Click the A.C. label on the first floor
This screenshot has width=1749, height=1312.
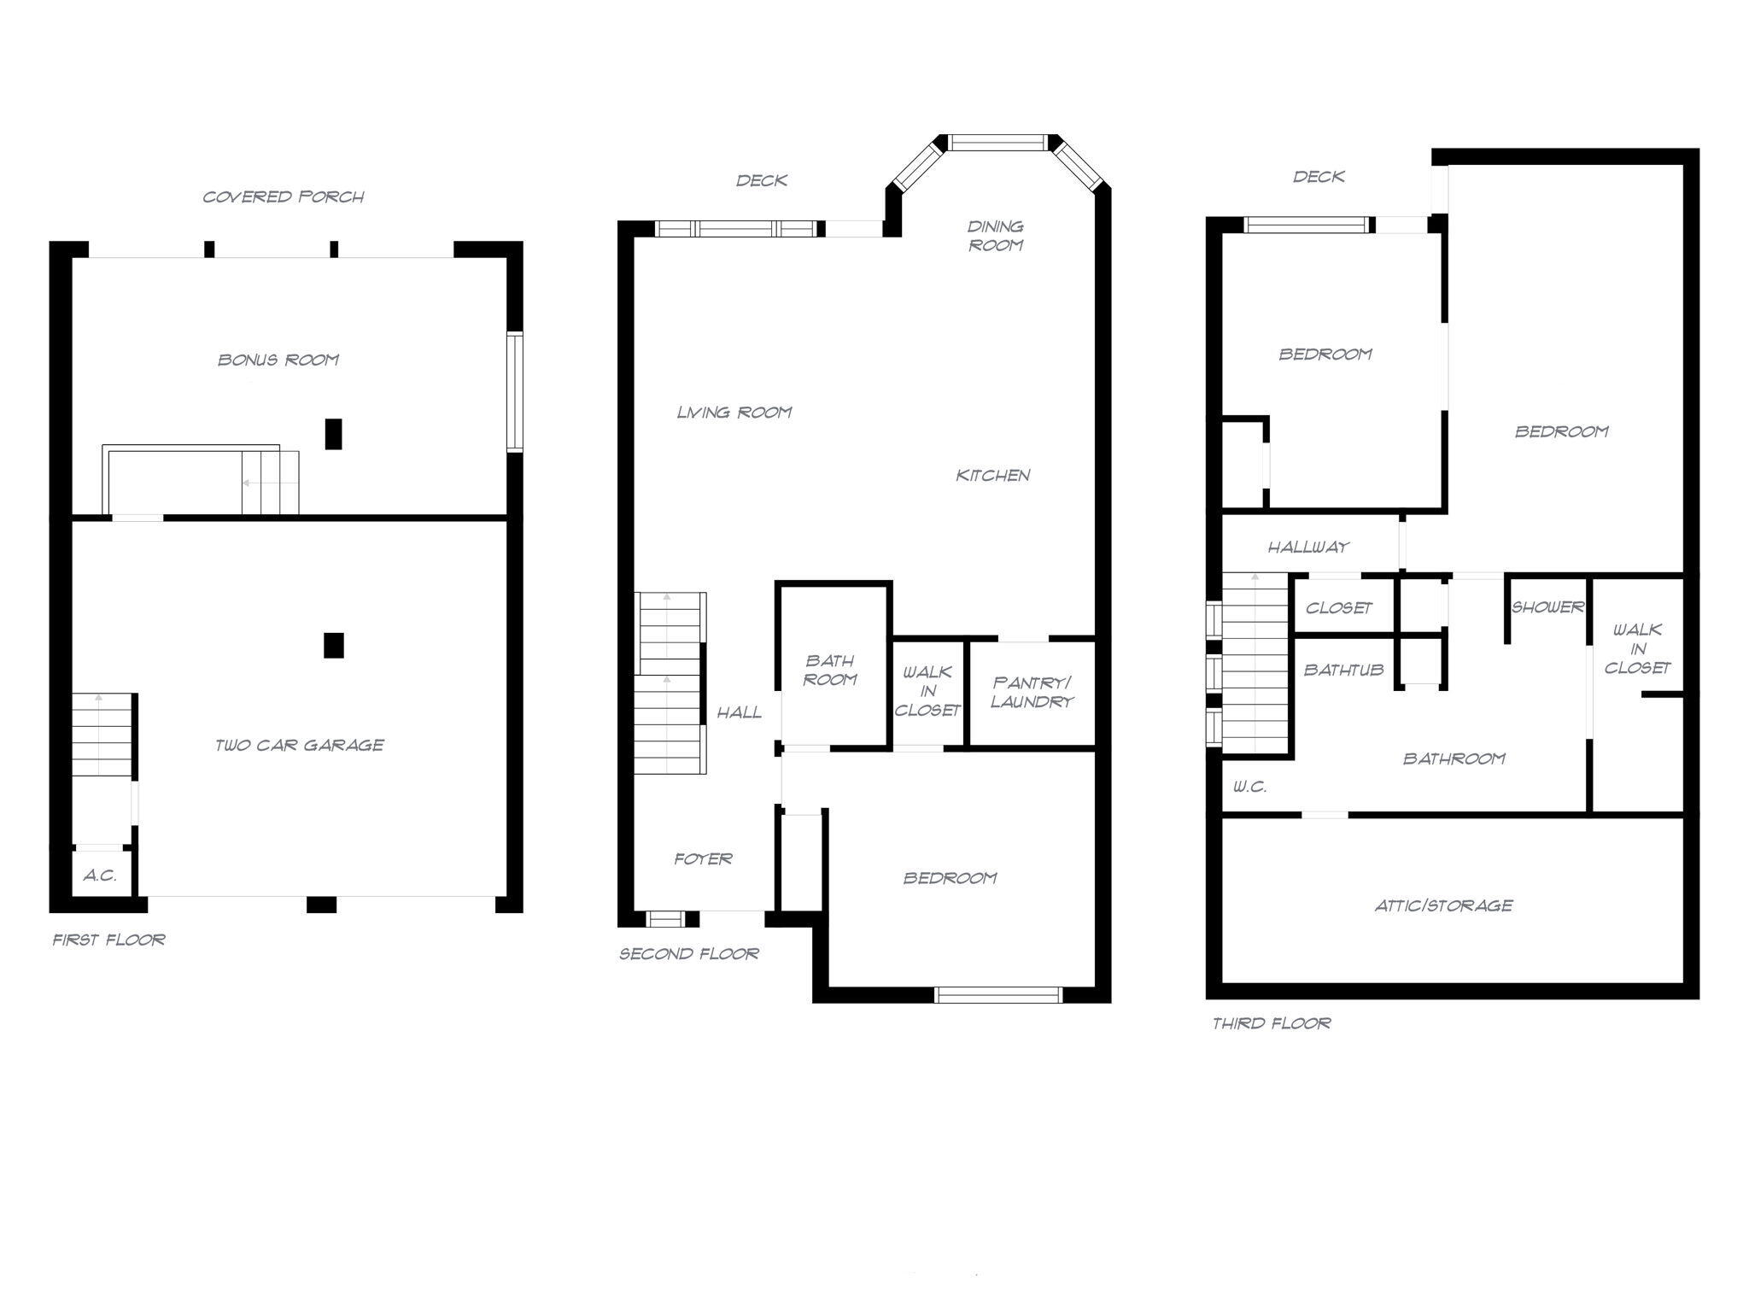click(x=100, y=876)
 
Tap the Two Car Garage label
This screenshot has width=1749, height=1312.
click(x=299, y=745)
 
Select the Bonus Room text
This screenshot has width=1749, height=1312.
click(x=278, y=360)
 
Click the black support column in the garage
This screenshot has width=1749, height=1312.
click(x=334, y=645)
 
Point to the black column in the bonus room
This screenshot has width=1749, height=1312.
click(x=334, y=434)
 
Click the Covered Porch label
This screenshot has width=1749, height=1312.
click(x=284, y=196)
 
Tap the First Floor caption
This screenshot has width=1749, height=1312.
click(x=109, y=940)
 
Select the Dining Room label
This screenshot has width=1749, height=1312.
click(x=995, y=236)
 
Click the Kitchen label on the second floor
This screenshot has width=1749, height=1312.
click(x=992, y=475)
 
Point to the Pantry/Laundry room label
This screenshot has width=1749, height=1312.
click(x=1032, y=692)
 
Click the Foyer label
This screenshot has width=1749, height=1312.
click(x=703, y=858)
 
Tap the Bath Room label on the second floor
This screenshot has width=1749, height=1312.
click(x=830, y=670)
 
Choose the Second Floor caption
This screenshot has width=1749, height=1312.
click(x=689, y=953)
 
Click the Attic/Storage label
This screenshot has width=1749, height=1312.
click(x=1443, y=905)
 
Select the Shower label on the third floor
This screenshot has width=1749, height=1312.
click(x=1547, y=607)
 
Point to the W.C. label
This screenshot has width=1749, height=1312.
click(x=1249, y=787)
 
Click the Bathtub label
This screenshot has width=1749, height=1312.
click(x=1343, y=670)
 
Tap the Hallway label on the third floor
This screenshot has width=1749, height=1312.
click(x=1307, y=547)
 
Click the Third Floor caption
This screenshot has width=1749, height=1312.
click(x=1272, y=1022)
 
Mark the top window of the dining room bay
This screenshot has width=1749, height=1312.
click(x=997, y=143)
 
